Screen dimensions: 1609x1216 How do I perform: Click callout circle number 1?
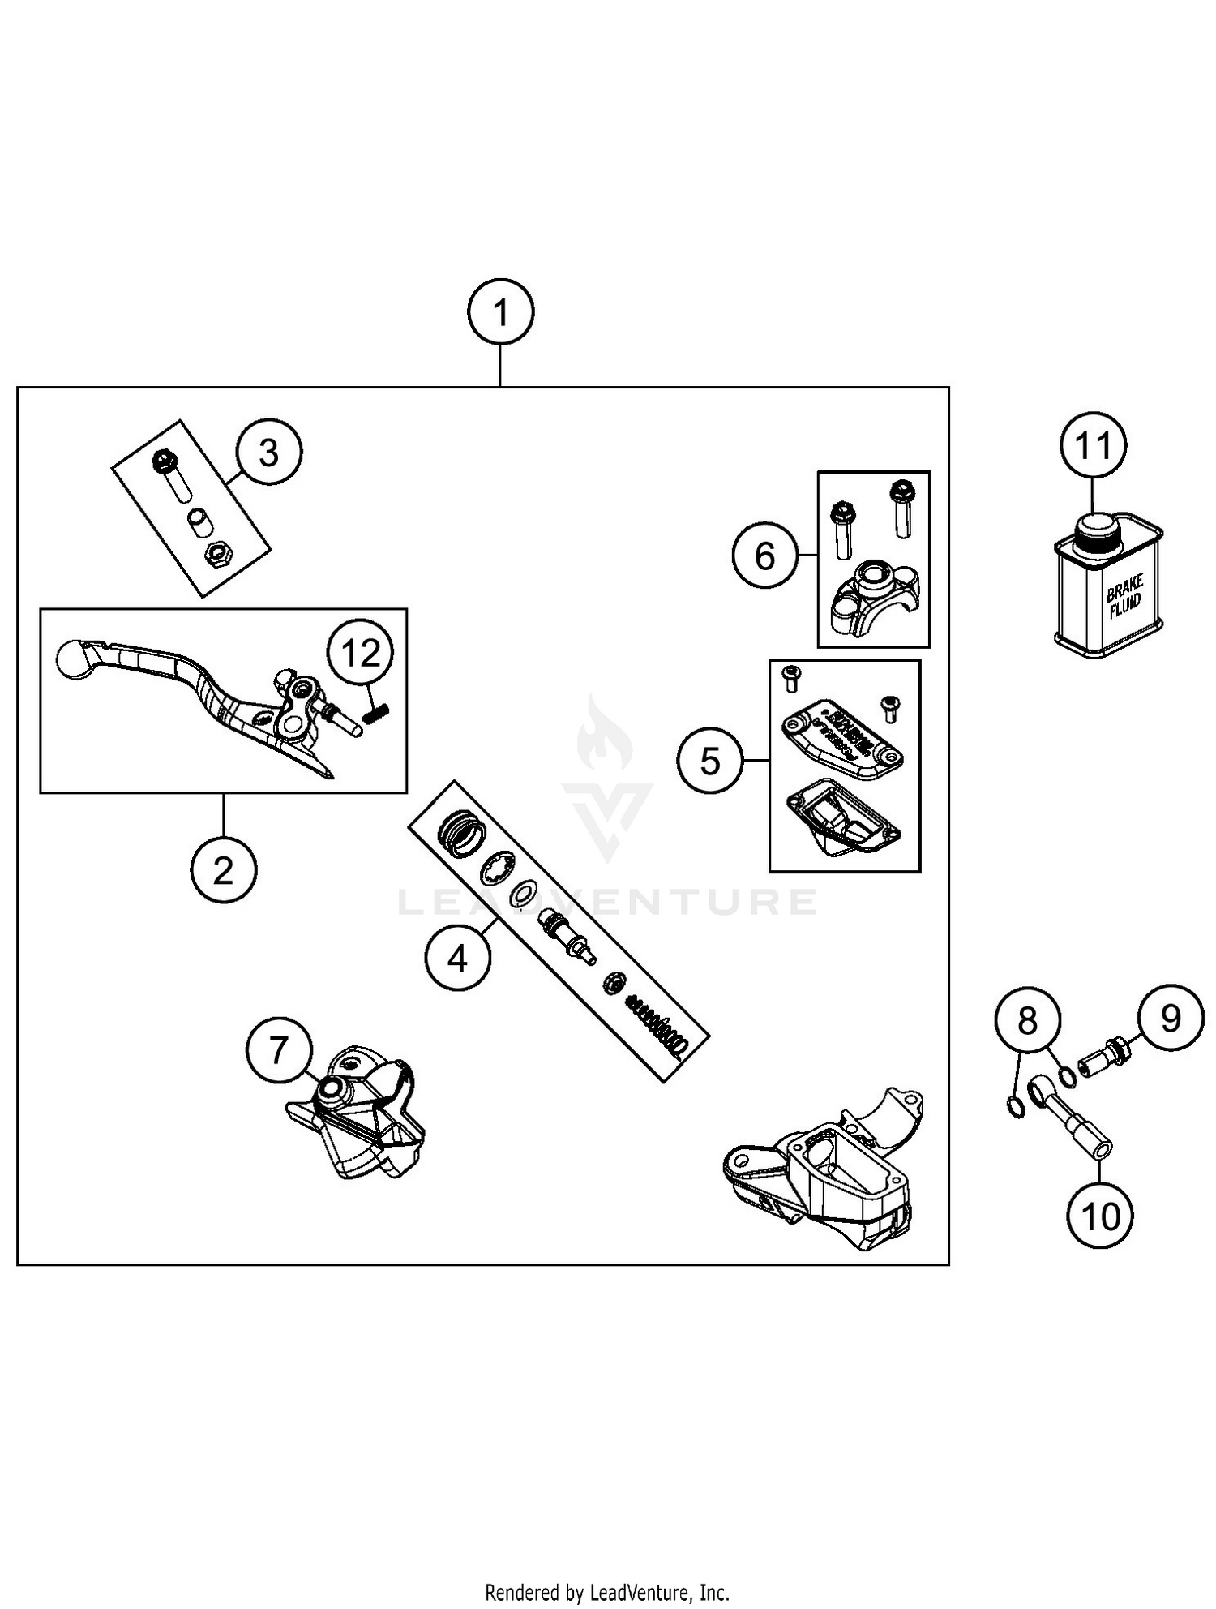pos(501,312)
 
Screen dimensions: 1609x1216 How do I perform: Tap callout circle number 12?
pos(361,653)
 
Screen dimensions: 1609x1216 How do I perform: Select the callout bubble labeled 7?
pos(278,1050)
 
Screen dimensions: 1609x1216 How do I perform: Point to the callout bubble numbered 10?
pos(1100,1216)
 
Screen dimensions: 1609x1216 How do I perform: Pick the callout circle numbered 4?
pos(457,959)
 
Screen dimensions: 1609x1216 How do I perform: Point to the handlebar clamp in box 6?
pos(871,602)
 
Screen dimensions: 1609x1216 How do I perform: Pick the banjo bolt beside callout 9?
pos(1099,1058)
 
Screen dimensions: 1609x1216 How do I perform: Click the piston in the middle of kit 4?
pos(566,933)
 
